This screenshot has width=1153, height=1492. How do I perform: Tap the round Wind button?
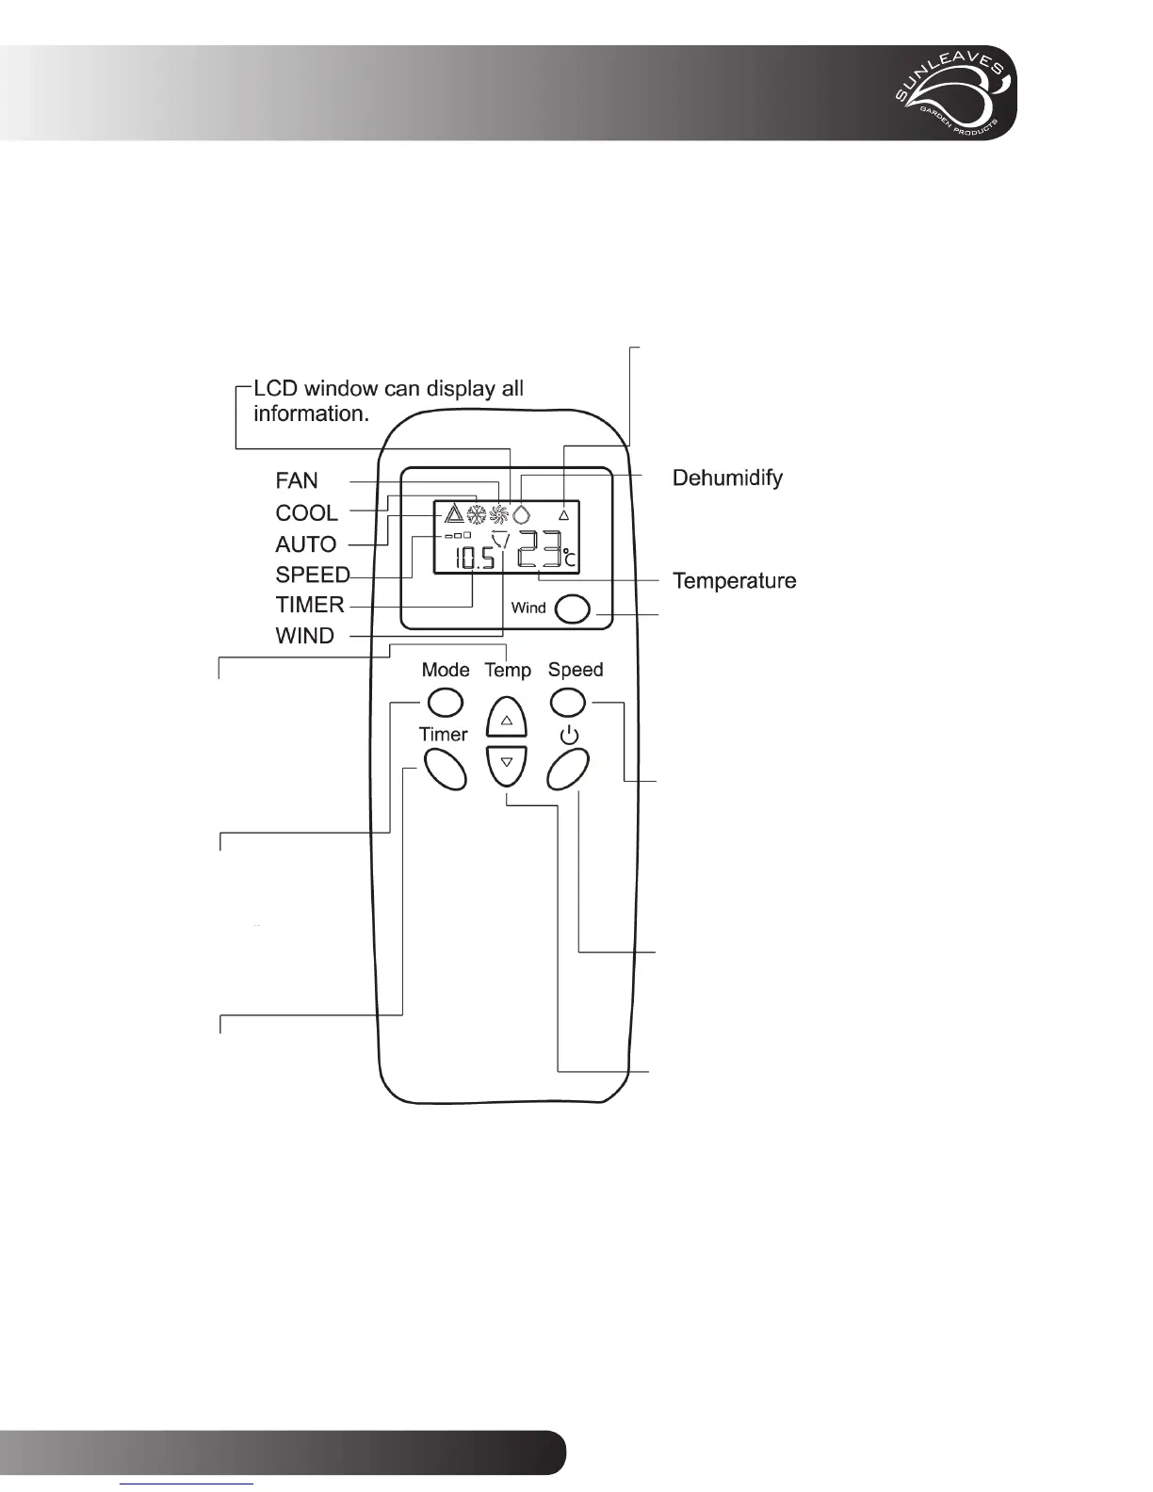point(573,609)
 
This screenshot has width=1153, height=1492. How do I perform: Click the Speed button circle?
point(567,702)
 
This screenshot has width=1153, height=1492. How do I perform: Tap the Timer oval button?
point(445,769)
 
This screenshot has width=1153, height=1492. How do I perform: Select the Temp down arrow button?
point(507,764)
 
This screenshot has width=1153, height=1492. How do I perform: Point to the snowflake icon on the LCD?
point(476,514)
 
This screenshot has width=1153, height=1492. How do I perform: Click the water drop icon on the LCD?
point(521,514)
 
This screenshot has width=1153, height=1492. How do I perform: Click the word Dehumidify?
point(727,478)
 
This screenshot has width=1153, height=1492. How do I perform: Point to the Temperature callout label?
point(734,581)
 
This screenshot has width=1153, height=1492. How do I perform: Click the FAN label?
point(297,480)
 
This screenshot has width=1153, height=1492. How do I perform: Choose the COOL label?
point(306,513)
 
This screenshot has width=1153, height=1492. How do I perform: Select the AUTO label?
point(305,544)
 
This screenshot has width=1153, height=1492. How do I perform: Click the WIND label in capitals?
point(304,636)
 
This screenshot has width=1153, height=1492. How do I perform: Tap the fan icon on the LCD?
point(498,514)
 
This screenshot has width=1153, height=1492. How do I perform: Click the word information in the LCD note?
point(311,414)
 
